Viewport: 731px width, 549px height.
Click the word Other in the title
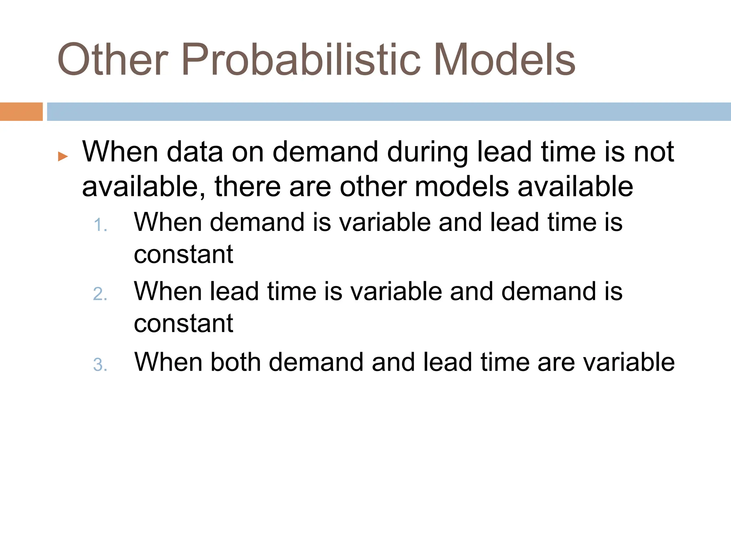pos(112,60)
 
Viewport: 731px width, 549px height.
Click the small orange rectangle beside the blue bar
pos(21,112)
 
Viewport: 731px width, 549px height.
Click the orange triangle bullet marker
pos(63,156)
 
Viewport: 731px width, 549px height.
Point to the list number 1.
pos(100,226)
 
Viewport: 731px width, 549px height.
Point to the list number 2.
pos(100,295)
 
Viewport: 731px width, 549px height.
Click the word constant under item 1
pos(183,255)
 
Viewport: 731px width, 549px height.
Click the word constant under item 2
pos(183,324)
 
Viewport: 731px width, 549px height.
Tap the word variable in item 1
pos(384,223)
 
